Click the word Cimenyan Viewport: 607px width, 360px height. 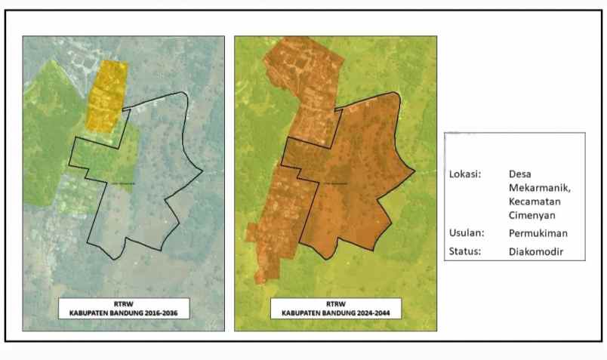(x=532, y=217)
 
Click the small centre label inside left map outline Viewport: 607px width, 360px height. (x=124, y=183)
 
